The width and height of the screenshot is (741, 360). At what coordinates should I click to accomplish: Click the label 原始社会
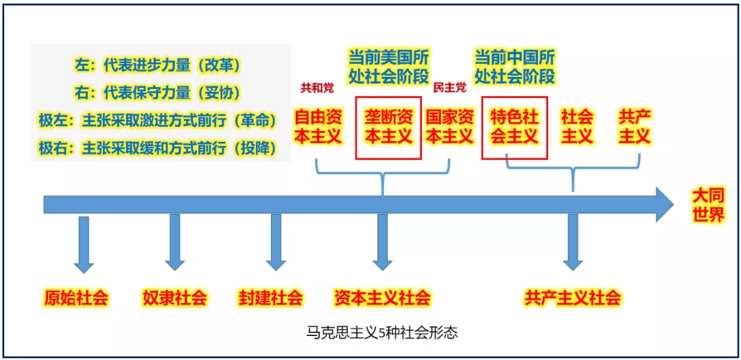point(76,298)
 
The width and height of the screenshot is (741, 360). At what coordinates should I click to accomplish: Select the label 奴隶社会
point(174,298)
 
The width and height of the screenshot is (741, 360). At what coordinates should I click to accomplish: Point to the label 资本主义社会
point(382,298)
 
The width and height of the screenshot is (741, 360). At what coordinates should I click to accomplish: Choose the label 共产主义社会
point(572,298)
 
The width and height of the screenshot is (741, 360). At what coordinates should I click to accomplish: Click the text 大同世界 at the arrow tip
point(707,205)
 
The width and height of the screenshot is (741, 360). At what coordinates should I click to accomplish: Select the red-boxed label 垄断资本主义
point(388,127)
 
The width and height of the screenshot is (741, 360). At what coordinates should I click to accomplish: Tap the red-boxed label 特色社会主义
point(515,127)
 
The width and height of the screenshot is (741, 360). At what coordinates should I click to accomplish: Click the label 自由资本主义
point(318,127)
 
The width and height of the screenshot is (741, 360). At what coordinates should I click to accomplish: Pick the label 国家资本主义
point(449,127)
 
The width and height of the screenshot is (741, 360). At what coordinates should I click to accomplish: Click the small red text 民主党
point(449,88)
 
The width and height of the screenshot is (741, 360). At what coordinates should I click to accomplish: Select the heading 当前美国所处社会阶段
point(388,66)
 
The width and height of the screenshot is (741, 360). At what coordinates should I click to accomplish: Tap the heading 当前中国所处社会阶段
point(515,66)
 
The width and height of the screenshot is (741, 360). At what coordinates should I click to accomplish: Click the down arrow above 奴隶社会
point(175,243)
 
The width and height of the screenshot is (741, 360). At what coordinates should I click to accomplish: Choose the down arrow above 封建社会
point(276,243)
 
